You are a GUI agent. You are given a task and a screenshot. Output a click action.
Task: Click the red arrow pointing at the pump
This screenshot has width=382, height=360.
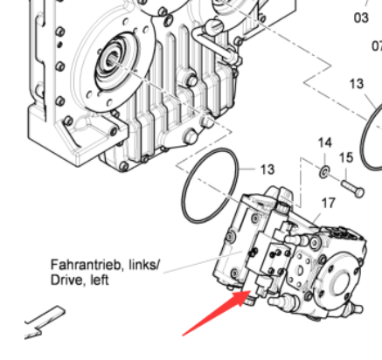217,313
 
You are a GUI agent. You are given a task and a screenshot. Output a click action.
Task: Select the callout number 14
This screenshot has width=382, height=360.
325,142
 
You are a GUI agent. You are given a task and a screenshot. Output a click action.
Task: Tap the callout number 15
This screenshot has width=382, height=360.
346,157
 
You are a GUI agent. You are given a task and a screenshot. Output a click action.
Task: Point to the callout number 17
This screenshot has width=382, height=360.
329,203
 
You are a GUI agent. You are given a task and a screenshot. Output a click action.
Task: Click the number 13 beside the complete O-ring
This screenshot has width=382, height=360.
267,170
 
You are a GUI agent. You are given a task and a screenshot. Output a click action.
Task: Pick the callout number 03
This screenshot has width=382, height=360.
361,17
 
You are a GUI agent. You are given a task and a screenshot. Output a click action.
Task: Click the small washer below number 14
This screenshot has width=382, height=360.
324,172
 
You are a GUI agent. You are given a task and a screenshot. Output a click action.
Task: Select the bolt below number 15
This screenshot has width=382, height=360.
352,189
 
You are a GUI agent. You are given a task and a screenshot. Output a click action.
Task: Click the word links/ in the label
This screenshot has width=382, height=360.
144,265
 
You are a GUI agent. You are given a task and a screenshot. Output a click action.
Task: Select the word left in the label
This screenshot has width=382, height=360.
100,280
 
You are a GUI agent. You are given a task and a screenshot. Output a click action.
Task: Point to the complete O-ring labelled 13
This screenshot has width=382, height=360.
184,204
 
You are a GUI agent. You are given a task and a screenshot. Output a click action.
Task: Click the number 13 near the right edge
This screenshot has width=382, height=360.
357,84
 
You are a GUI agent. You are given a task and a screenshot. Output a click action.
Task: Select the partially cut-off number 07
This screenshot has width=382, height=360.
377,46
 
